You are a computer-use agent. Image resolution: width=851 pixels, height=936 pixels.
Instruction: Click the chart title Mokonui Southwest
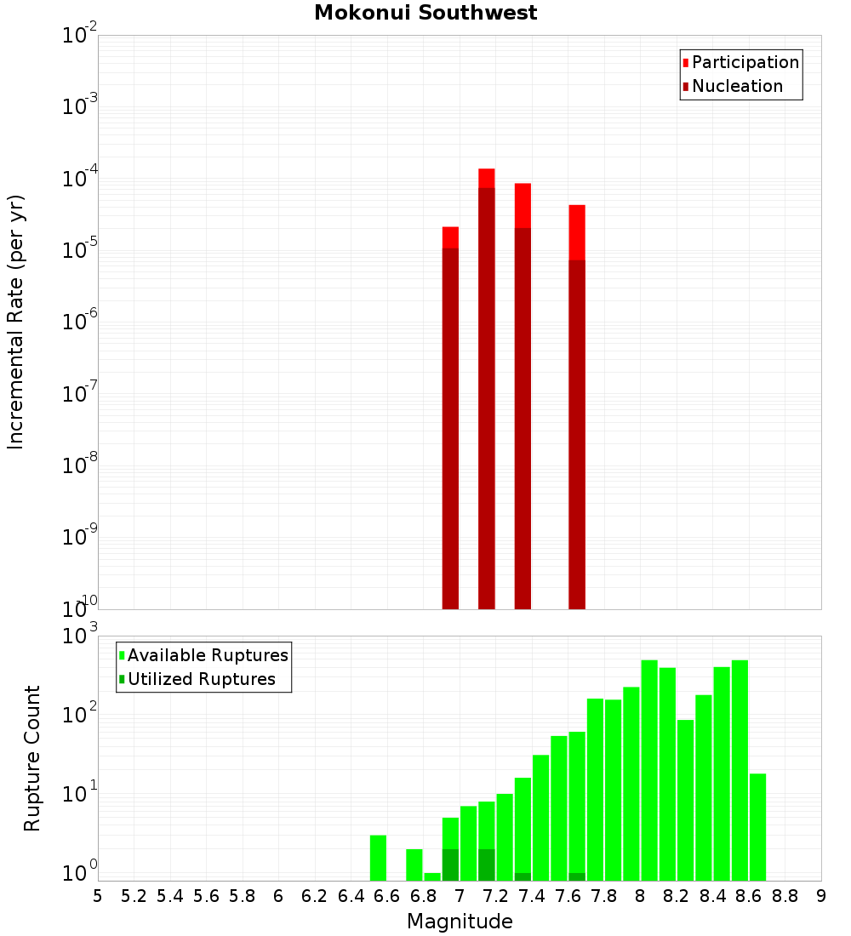[x=425, y=13]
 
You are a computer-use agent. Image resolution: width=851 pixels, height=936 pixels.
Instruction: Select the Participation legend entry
[x=745, y=62]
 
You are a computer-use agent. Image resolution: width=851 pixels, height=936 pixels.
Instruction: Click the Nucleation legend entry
[x=736, y=86]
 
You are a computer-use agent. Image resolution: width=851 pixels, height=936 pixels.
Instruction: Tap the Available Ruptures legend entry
[x=207, y=655]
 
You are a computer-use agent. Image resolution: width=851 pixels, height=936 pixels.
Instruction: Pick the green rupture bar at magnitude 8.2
[x=685, y=800]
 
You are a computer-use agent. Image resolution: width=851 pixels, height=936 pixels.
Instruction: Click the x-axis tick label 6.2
[x=315, y=896]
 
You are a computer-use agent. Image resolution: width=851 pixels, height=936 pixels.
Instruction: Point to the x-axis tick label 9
[x=821, y=896]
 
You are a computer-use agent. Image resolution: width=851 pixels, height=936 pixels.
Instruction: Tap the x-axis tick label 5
[x=98, y=896]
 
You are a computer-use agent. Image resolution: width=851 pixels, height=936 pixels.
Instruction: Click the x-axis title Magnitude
[x=460, y=922]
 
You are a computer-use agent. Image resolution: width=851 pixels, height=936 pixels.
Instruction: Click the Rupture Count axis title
[x=32, y=757]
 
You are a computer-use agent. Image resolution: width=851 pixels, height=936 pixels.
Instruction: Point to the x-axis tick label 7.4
[x=532, y=896]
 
